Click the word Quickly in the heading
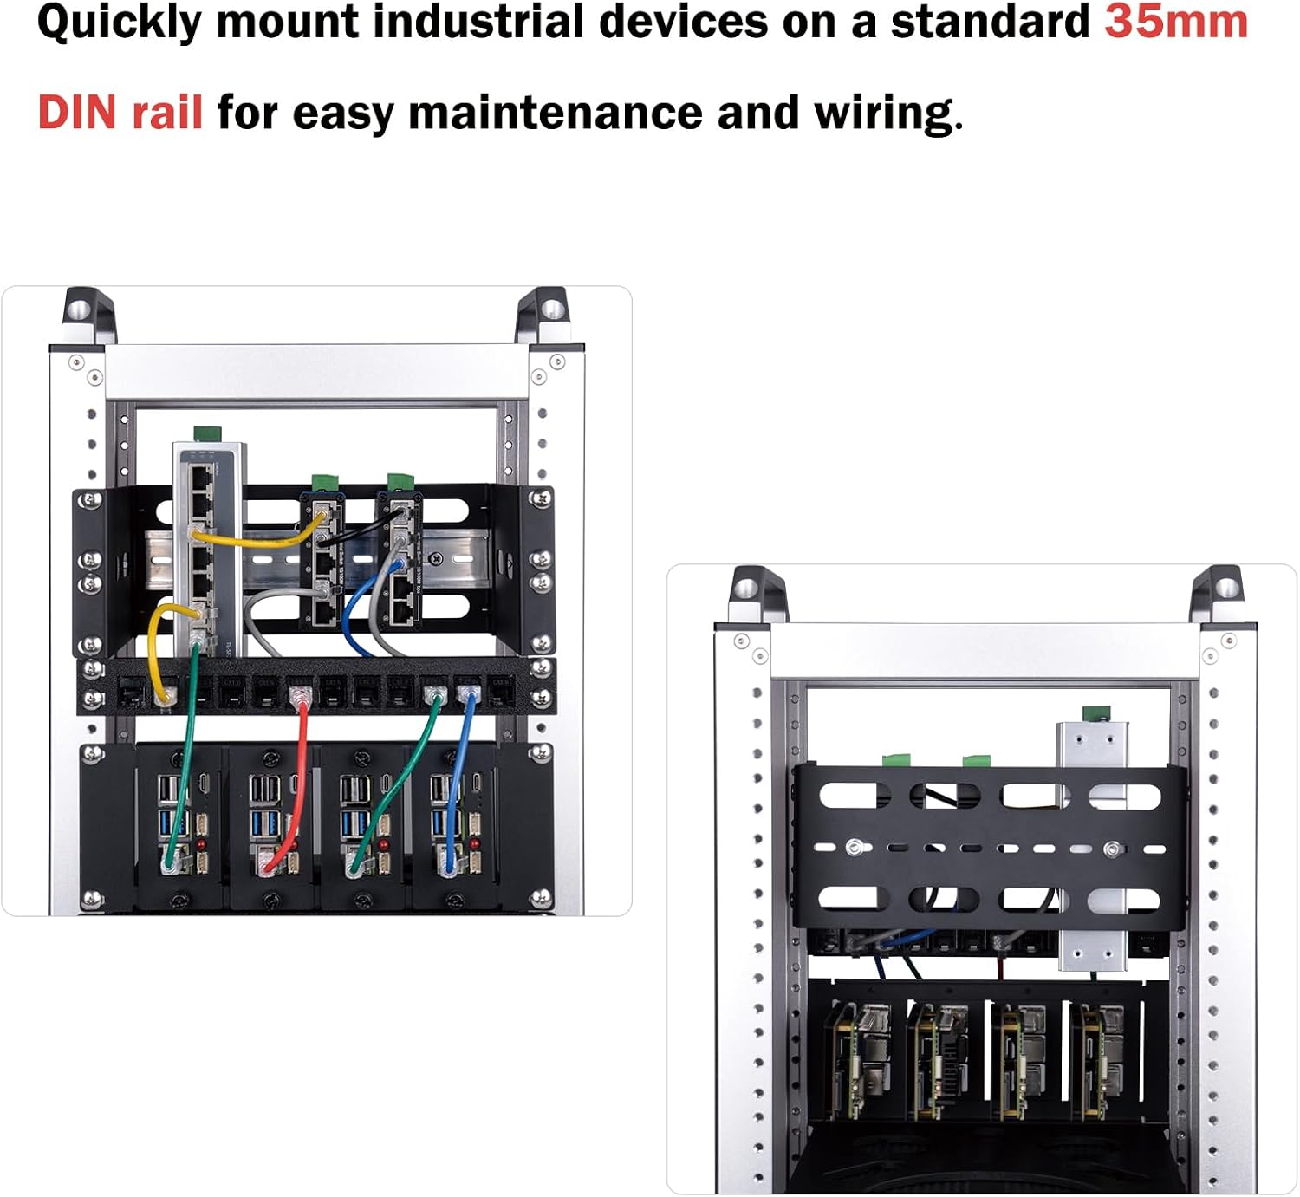[120, 23]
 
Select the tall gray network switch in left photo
[207, 546]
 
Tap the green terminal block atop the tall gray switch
[206, 433]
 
